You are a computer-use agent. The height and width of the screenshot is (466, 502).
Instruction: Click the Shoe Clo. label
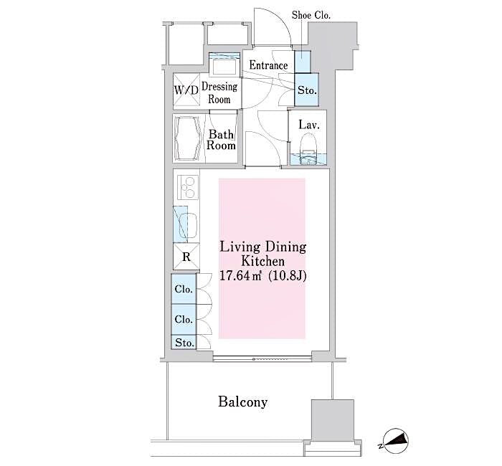coord(311,14)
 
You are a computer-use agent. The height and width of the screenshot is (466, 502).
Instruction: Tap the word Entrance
coord(268,65)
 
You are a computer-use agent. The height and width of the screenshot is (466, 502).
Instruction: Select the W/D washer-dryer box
coord(186,91)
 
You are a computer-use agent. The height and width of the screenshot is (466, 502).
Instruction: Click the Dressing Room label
coord(219,92)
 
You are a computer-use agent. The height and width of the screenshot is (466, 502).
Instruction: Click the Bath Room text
coord(222,139)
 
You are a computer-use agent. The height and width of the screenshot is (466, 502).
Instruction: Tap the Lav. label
coord(308,125)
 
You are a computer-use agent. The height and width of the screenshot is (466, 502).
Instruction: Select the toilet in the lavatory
coord(308,153)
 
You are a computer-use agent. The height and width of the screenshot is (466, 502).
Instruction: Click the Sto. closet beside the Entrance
coord(307,91)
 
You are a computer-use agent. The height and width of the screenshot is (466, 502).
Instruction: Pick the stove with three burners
coord(187,189)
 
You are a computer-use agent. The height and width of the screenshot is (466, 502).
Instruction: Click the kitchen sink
coord(186,226)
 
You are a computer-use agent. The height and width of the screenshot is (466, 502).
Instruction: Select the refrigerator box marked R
coord(186,257)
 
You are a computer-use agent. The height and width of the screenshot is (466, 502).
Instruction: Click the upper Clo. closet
coord(183,290)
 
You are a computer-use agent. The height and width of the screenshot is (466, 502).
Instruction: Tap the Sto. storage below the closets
coord(184,343)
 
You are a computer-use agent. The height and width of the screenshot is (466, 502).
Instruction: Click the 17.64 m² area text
coord(242,276)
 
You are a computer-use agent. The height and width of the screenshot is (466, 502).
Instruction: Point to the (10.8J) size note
coord(288,276)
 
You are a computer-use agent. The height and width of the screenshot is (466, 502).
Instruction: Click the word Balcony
coord(242,401)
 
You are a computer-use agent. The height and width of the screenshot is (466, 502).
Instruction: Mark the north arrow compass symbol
coord(394,441)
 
